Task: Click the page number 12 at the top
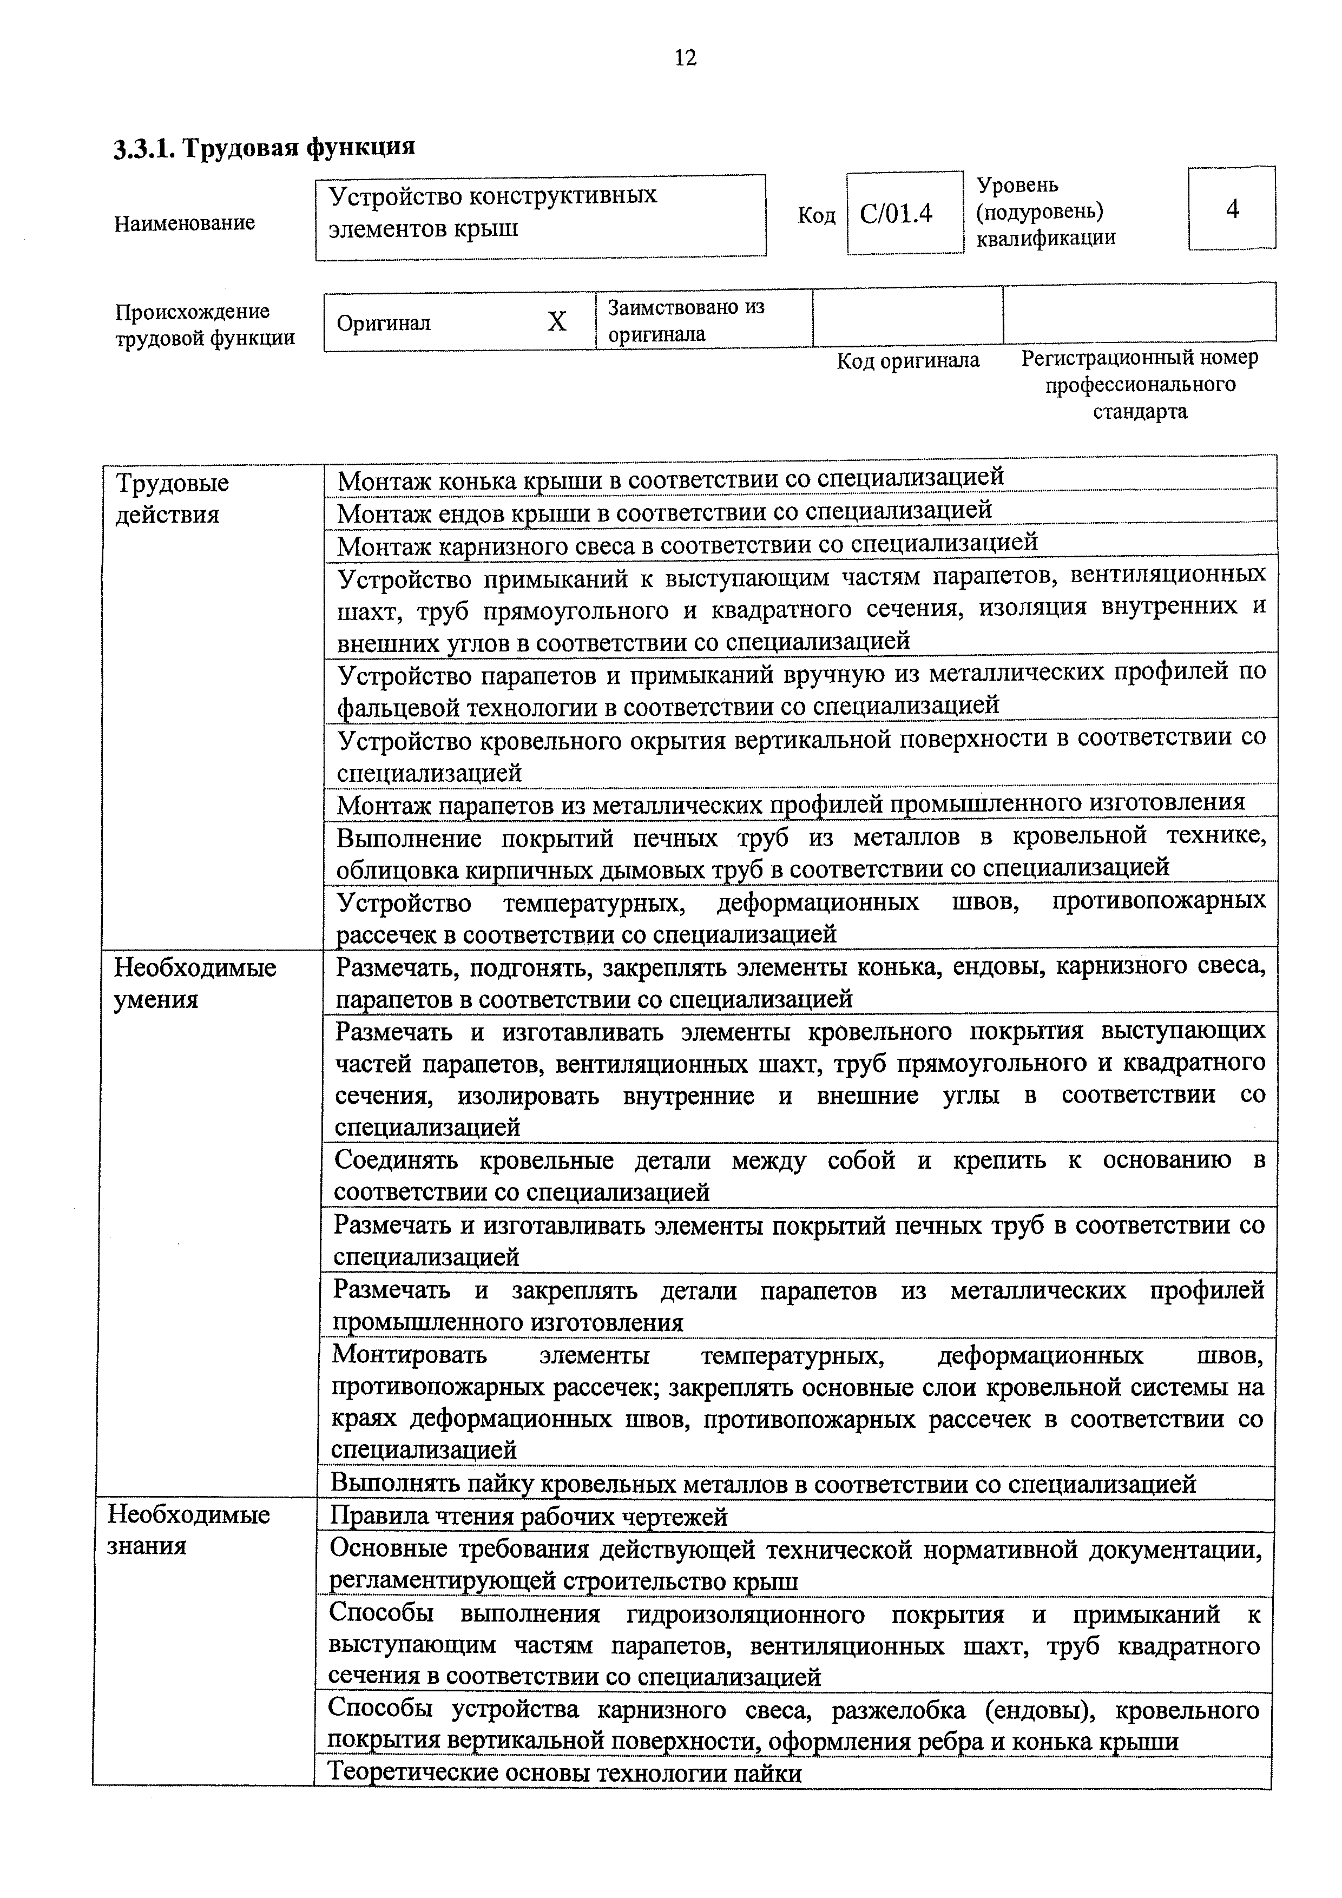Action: point(686,58)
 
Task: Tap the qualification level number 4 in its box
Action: point(1232,209)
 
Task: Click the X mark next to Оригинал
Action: point(557,321)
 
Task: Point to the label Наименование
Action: point(185,223)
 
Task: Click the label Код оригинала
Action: point(908,360)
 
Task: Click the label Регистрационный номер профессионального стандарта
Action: point(1140,384)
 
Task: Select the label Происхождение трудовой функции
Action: point(204,325)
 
